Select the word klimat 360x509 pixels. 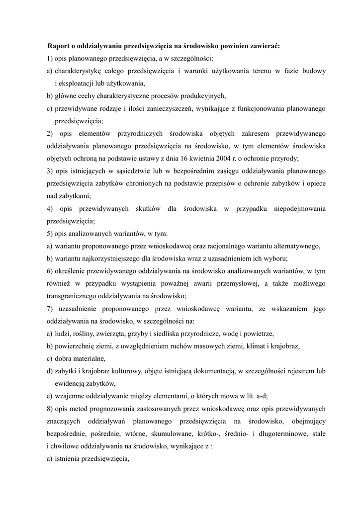269,346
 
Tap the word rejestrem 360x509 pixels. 298,371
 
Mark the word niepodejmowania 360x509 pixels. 300,209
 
